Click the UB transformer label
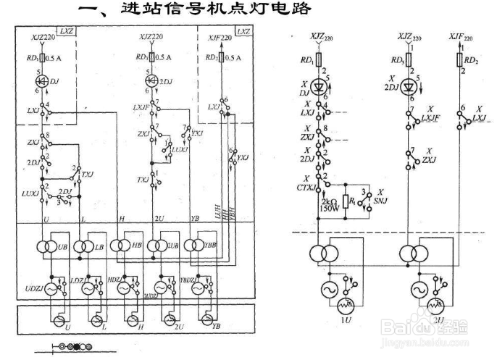[x=62, y=248]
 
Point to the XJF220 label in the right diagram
[x=461, y=35]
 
